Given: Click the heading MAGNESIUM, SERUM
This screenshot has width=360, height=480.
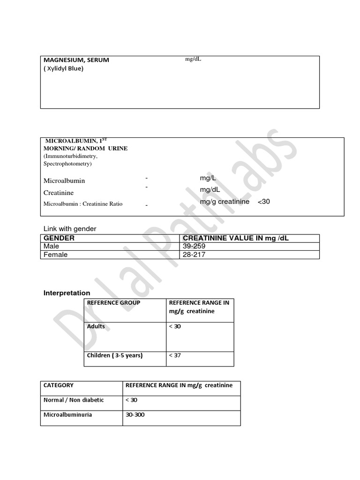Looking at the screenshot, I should tap(76, 60).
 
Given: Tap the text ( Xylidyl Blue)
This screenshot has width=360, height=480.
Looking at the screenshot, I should tap(63, 68).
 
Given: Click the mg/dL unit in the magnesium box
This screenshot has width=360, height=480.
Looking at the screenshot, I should tap(193, 59).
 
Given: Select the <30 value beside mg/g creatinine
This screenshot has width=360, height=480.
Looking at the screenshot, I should tap(264, 202).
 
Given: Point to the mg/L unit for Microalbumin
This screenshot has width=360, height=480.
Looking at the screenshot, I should tap(208, 178).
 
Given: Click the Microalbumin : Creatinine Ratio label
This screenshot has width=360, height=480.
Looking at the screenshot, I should tap(83, 204).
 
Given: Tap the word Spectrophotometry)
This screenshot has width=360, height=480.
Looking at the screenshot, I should tap(67, 164).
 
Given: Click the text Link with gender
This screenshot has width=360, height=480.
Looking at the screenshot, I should tap(70, 229).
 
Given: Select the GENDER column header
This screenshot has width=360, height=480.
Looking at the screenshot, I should tap(59, 238).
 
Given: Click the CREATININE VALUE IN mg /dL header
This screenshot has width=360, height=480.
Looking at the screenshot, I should tap(236, 238).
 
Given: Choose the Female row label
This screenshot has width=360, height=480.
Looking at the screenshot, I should tap(55, 255).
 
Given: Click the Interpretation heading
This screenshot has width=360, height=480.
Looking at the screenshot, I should tap(67, 293).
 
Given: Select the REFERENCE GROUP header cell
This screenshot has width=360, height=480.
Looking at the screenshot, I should tap(113, 303).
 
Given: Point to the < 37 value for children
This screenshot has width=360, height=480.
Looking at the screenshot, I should tap(174, 355).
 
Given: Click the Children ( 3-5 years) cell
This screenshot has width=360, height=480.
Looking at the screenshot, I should tap(115, 355).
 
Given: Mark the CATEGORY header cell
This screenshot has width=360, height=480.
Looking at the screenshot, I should tap(59, 385).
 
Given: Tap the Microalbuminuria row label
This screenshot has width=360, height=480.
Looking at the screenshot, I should tap(67, 415).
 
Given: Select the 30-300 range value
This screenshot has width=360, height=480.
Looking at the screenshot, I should tap(135, 415).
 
